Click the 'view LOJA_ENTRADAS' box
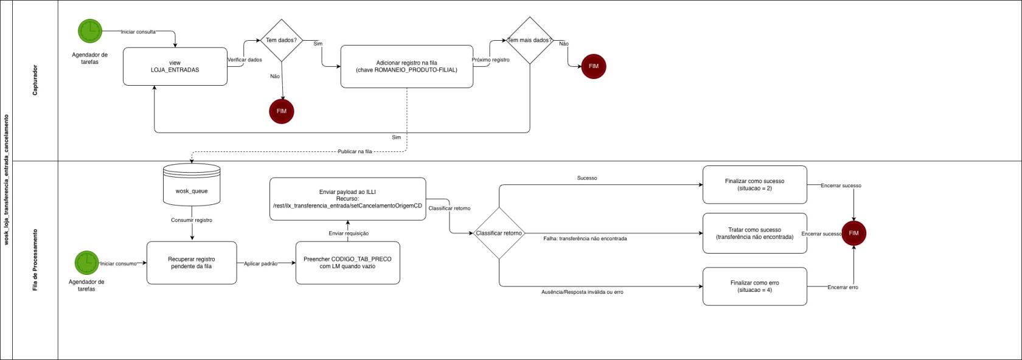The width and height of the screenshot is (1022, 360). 175,66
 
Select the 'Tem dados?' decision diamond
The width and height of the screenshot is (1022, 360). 281,40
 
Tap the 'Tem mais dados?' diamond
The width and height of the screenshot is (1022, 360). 529,41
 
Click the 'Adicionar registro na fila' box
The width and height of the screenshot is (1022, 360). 406,66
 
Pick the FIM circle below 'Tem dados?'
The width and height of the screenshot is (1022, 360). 282,111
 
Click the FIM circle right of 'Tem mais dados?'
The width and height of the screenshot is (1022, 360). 594,66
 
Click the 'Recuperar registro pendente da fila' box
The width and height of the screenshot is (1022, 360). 192,263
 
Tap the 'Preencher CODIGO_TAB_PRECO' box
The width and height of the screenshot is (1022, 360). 347,263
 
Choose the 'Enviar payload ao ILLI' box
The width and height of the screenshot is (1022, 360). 347,199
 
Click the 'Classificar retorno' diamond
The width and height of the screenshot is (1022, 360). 499,234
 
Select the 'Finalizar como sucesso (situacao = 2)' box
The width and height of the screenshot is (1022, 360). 754,185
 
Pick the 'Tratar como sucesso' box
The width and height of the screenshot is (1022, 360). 754,234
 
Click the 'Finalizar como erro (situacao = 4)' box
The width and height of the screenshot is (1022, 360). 754,286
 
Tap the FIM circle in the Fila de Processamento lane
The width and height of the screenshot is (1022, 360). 853,233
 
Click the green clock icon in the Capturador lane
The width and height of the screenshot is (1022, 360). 90,31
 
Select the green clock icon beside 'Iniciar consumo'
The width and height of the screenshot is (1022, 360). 87,263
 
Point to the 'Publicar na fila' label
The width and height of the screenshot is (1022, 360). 355,151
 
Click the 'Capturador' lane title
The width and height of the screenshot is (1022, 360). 35,80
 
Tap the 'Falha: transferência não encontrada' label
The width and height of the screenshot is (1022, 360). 585,239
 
